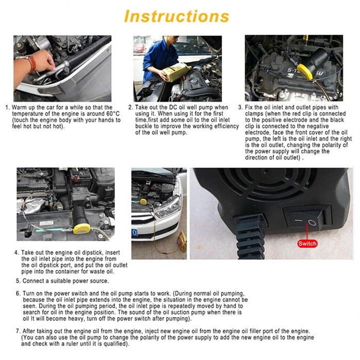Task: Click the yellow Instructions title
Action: [x=176, y=16]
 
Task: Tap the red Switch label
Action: [x=307, y=244]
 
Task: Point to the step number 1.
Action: [x=8, y=107]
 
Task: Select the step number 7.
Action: [x=18, y=331]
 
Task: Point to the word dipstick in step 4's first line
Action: [x=92, y=253]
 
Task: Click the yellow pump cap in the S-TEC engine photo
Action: [x=305, y=71]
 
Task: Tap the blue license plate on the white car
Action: [x=135, y=232]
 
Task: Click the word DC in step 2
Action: [x=173, y=107]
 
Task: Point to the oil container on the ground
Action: [x=182, y=242]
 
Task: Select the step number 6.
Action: [x=18, y=294]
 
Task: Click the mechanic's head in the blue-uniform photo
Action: [x=172, y=40]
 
